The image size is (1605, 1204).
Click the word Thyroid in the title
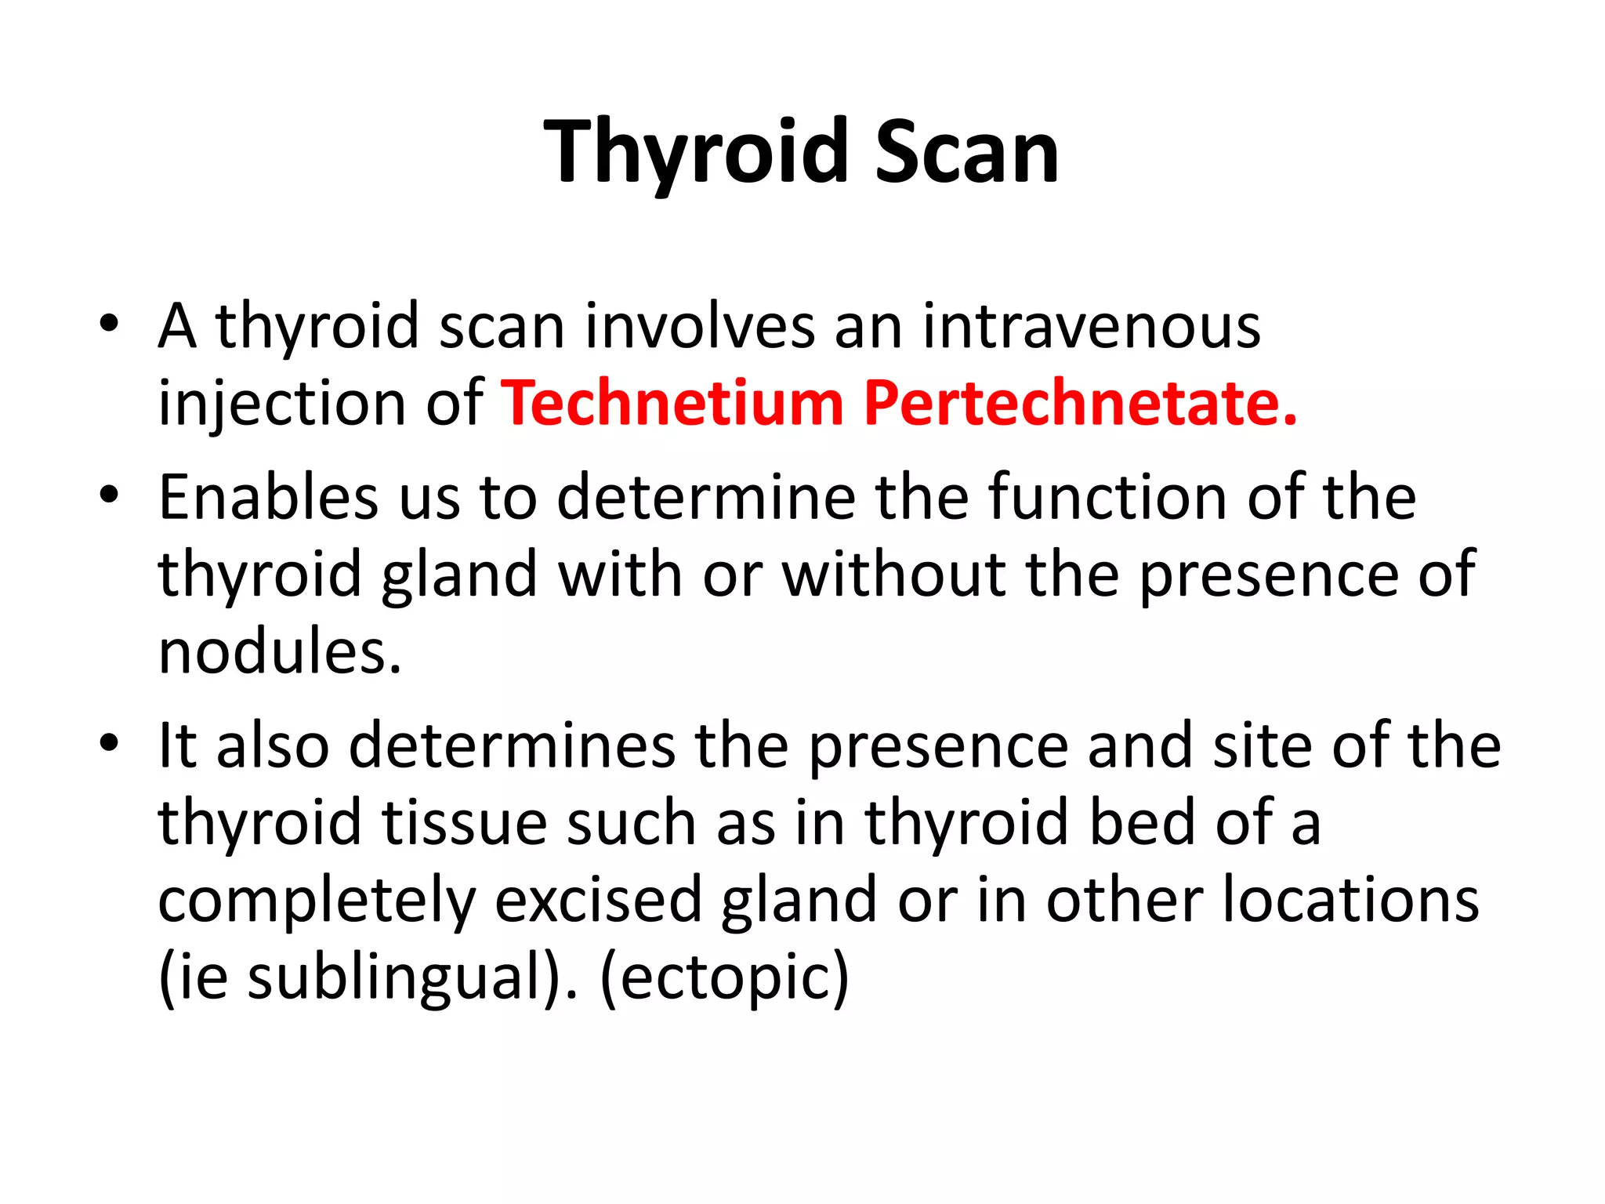coord(697,152)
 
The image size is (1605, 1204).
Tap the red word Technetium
coord(672,403)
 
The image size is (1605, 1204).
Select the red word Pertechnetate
coord(1080,403)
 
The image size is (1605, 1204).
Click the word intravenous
coord(1091,326)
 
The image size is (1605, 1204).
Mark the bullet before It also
coord(109,742)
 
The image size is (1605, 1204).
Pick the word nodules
coord(280,652)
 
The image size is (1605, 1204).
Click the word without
coord(893,575)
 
